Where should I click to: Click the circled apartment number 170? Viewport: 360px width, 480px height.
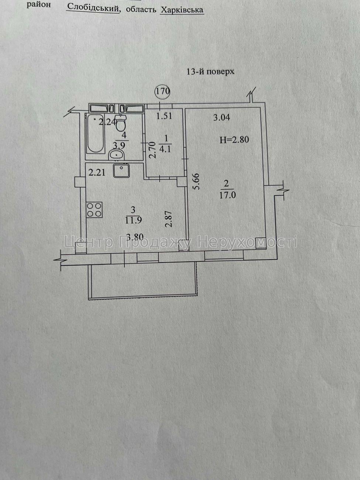point(162,91)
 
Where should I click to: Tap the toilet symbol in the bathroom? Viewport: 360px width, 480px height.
point(120,123)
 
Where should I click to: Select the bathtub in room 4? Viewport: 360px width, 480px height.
point(95,134)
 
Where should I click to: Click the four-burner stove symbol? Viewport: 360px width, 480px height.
point(94,209)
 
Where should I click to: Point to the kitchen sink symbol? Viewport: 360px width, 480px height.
point(122,171)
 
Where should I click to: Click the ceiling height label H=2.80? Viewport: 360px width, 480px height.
point(234,140)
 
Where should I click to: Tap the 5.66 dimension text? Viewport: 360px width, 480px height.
point(197,182)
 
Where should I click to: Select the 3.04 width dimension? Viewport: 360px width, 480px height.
point(222,118)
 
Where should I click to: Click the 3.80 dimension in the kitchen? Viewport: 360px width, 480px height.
point(135,237)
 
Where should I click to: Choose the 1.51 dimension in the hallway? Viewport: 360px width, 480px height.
point(164,116)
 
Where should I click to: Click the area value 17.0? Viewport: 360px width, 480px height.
point(227,195)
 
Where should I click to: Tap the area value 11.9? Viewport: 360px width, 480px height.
point(133,220)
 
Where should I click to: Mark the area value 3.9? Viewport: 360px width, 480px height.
point(124,144)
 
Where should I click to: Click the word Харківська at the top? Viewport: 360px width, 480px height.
point(182,10)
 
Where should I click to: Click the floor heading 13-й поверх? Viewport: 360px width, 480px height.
point(210,72)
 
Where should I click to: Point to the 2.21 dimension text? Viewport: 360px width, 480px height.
point(97,173)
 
